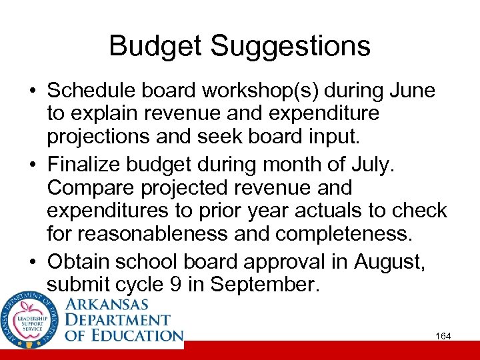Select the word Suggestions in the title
(x=291, y=47)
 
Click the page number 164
(x=443, y=336)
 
